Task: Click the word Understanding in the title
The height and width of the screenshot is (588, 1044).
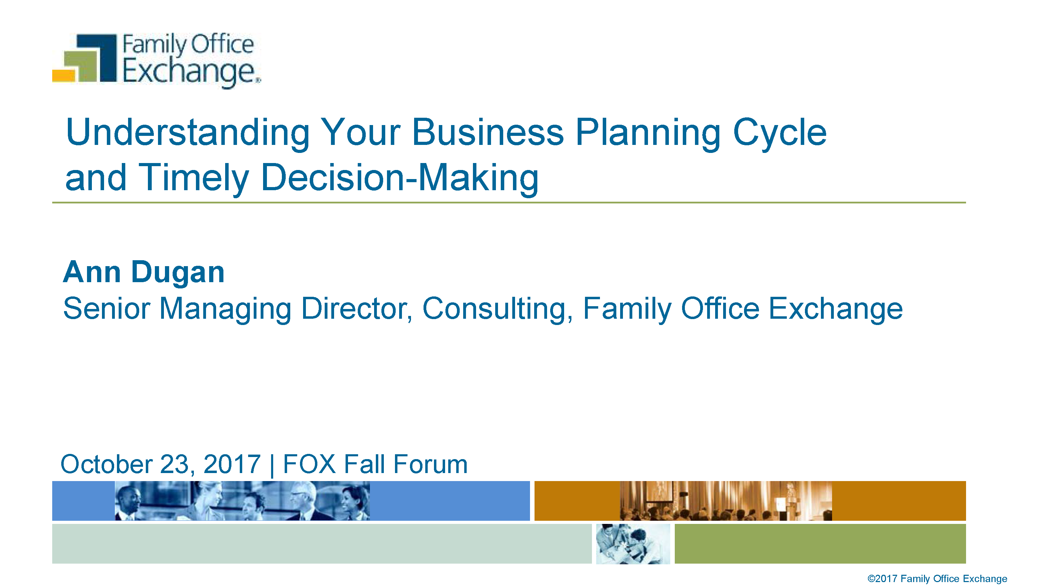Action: pyautogui.click(x=188, y=133)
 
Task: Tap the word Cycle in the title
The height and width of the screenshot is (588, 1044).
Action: pyautogui.click(x=780, y=133)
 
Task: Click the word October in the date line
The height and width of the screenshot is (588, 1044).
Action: pyautogui.click(x=106, y=464)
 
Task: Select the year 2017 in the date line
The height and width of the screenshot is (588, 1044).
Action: pyautogui.click(x=232, y=464)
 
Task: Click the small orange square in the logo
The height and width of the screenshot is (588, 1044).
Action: pyautogui.click(x=64, y=76)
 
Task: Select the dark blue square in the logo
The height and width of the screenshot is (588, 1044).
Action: pyautogui.click(x=97, y=57)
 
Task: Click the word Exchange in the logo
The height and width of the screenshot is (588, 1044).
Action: pyautogui.click(x=190, y=72)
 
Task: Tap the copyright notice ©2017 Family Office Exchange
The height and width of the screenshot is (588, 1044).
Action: pyautogui.click(x=937, y=579)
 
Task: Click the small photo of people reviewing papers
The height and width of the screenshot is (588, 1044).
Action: pyautogui.click(x=633, y=544)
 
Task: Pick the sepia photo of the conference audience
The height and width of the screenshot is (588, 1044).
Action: pyautogui.click(x=726, y=501)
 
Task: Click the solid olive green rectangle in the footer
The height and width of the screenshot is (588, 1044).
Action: pyautogui.click(x=820, y=544)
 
